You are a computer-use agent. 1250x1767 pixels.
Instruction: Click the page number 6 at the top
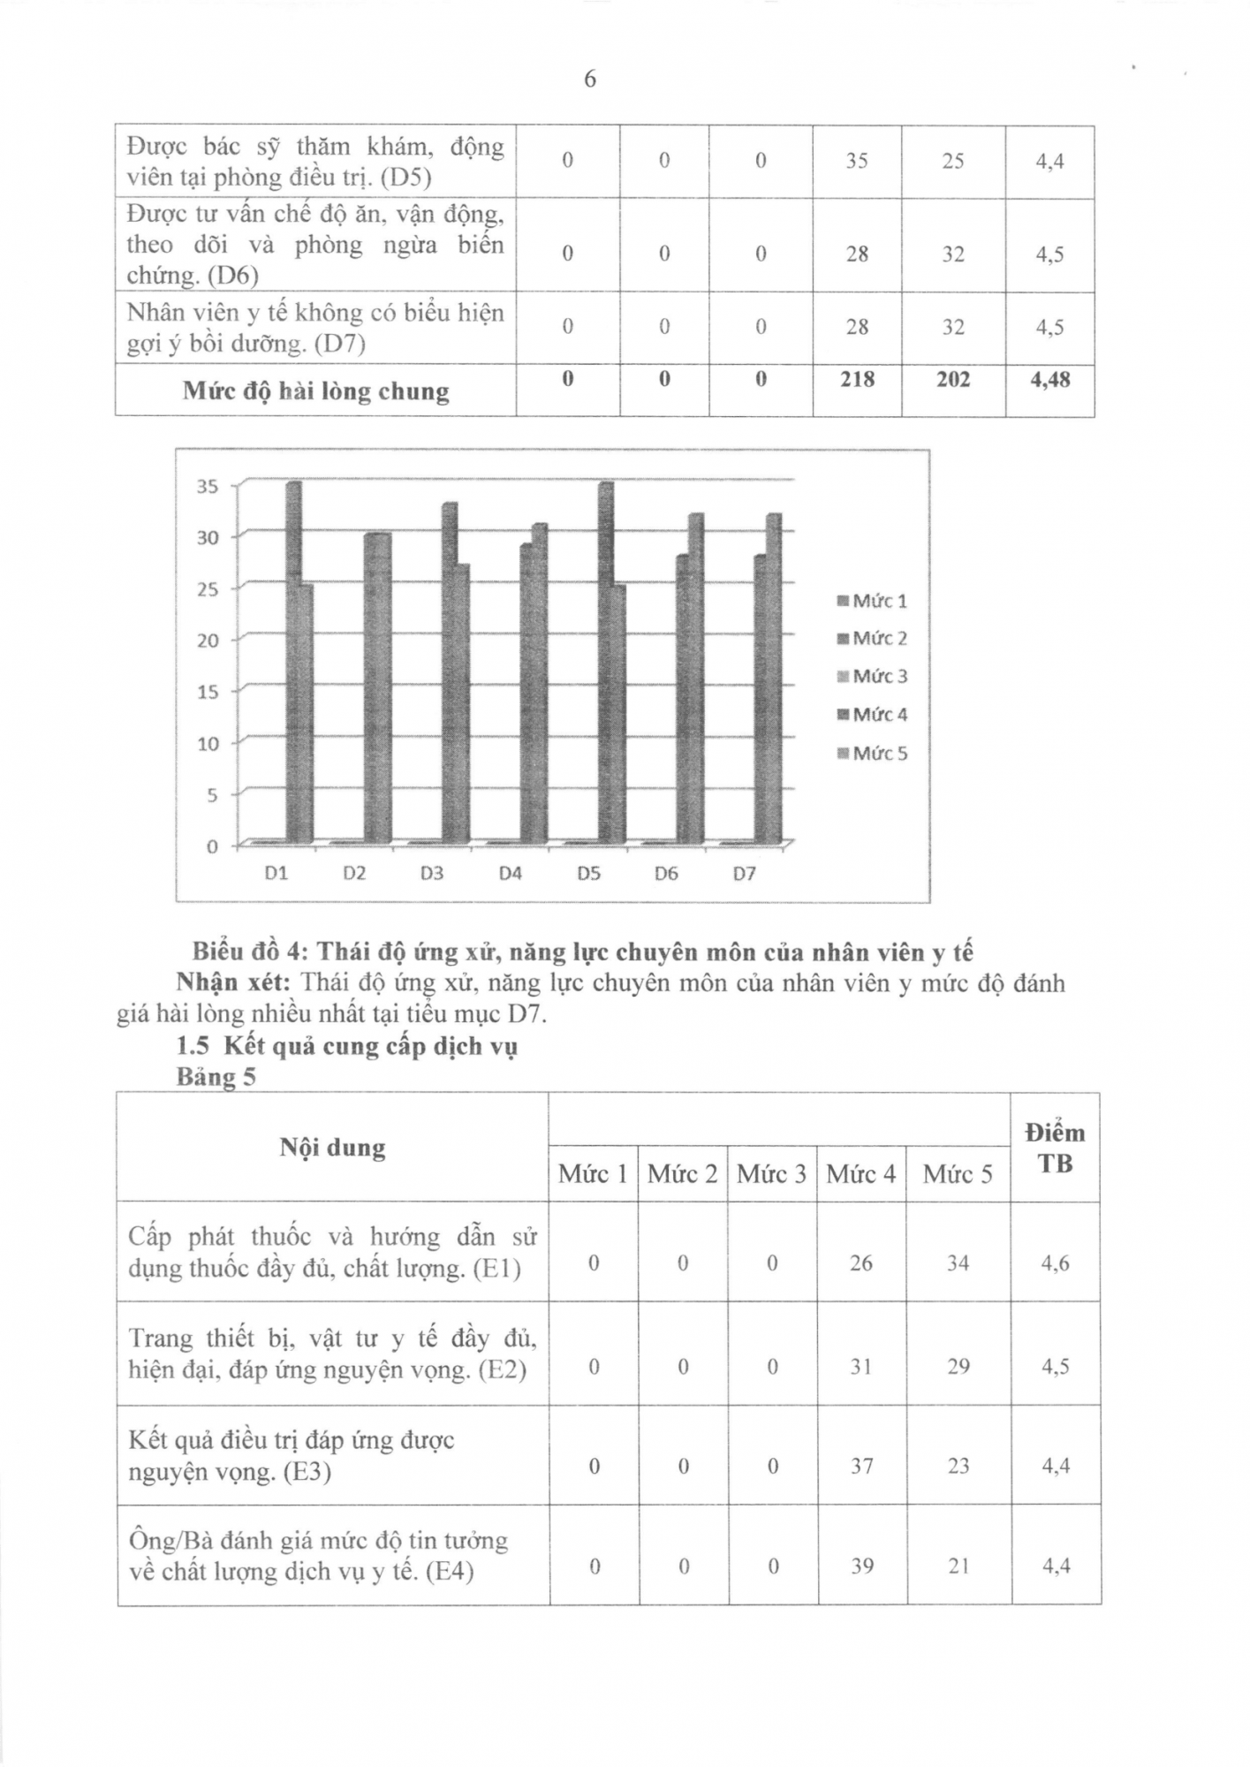[590, 80]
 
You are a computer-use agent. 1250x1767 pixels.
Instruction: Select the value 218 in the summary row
[857, 380]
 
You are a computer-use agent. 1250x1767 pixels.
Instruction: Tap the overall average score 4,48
[1049, 380]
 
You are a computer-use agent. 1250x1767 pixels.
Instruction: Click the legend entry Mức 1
[873, 602]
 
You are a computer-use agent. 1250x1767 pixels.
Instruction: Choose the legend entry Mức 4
[873, 715]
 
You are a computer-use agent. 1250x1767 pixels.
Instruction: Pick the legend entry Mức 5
[873, 754]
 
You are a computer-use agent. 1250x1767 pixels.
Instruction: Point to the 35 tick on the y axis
[208, 487]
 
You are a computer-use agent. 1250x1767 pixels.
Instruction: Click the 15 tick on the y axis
[208, 693]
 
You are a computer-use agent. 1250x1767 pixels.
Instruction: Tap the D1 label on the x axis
[277, 874]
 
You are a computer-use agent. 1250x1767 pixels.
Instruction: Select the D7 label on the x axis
[744, 874]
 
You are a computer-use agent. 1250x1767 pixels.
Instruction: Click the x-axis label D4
[510, 874]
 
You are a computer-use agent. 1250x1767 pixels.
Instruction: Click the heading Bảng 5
[216, 1078]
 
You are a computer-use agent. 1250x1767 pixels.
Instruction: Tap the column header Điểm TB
[1055, 1148]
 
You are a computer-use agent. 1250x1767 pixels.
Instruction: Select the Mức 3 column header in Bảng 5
[771, 1174]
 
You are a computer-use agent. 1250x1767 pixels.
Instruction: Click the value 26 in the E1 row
[860, 1263]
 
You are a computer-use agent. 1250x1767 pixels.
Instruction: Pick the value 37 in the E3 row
[861, 1466]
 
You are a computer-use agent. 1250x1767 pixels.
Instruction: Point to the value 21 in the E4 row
[958, 1566]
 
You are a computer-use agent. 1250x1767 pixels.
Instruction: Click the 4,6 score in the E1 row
[1055, 1263]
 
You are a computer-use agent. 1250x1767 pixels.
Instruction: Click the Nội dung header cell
[332, 1148]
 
